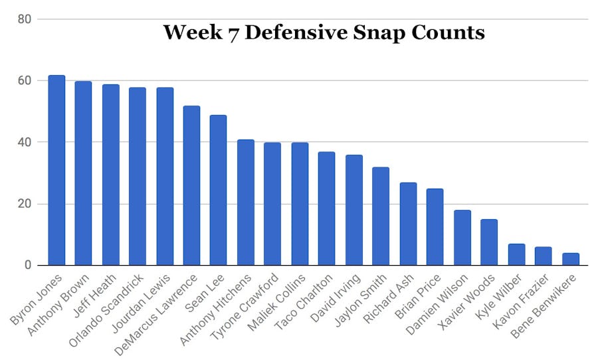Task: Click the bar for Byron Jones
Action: click(x=56, y=171)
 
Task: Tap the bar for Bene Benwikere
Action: click(x=571, y=259)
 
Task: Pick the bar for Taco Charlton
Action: click(x=326, y=209)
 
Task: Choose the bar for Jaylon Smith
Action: click(x=381, y=217)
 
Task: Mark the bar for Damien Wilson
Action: click(x=462, y=238)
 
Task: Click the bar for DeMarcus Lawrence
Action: click(x=191, y=186)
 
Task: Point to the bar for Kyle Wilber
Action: click(x=517, y=255)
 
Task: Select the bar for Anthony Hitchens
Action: click(x=246, y=203)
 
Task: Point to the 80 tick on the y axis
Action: click(x=25, y=19)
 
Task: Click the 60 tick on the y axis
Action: click(x=25, y=81)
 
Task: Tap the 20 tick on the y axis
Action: click(x=25, y=204)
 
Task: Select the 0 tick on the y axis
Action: click(x=27, y=266)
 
